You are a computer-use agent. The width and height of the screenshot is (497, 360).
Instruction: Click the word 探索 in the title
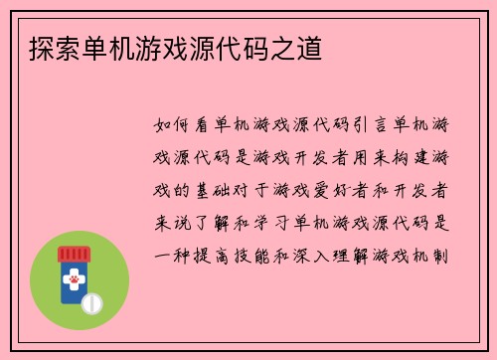[43, 46]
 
